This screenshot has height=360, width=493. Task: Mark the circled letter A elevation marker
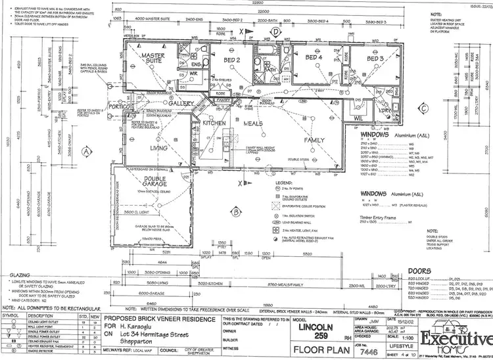(x=85, y=150)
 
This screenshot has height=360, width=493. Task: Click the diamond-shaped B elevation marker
(x=235, y=211)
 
